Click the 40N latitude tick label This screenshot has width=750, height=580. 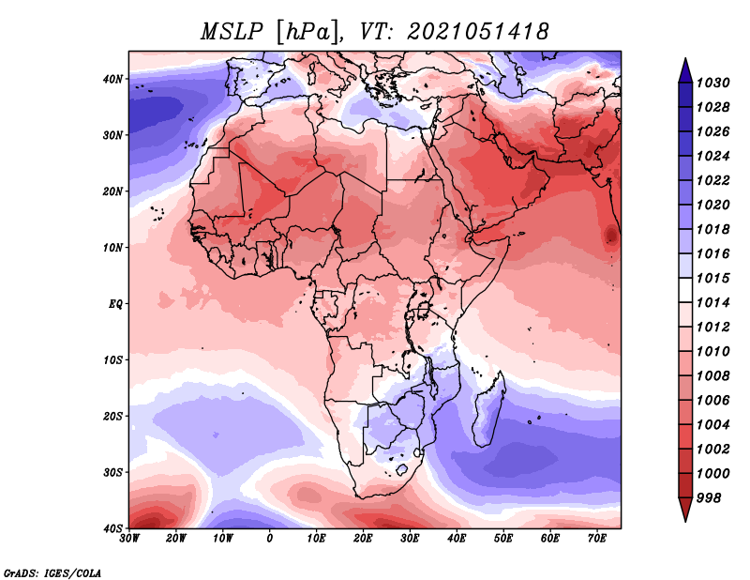click(x=112, y=79)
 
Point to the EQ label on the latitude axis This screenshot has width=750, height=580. click(x=115, y=304)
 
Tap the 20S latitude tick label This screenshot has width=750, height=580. click(x=112, y=416)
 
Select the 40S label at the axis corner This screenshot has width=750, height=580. click(x=112, y=528)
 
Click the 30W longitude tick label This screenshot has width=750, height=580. click(x=129, y=539)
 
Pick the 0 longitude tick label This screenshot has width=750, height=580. click(x=270, y=539)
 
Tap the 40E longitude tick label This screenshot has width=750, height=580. click(x=457, y=539)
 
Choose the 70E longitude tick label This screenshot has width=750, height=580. click(x=597, y=539)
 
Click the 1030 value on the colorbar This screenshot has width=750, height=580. click(x=712, y=83)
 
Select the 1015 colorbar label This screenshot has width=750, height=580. click(x=712, y=278)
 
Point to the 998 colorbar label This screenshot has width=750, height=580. click(x=709, y=498)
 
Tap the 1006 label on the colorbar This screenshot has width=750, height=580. click(x=712, y=401)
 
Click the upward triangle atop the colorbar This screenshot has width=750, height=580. click(x=685, y=70)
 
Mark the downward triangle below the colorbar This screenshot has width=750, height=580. click(x=685, y=510)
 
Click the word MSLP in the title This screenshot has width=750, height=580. click(x=232, y=32)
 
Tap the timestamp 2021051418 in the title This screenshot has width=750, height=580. click(x=477, y=32)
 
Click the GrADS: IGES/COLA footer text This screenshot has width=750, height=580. click(x=52, y=572)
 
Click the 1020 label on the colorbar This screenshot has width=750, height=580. click(x=712, y=205)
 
